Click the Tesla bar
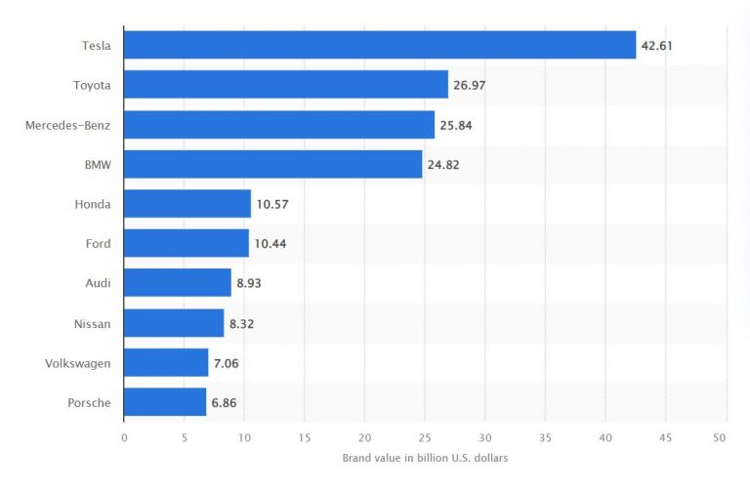380,45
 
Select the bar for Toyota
286,85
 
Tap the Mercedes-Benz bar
279,125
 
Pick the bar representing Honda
187,204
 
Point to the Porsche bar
165,402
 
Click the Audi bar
178,283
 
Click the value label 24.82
443,165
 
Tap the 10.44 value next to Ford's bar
271,244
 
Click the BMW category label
98,165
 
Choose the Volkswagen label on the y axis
78,363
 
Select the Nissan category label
93,323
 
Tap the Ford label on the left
98,244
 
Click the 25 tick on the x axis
424,437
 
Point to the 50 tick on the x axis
723,437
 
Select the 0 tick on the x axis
124,437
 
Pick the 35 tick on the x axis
544,437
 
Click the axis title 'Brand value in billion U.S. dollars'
425,458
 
